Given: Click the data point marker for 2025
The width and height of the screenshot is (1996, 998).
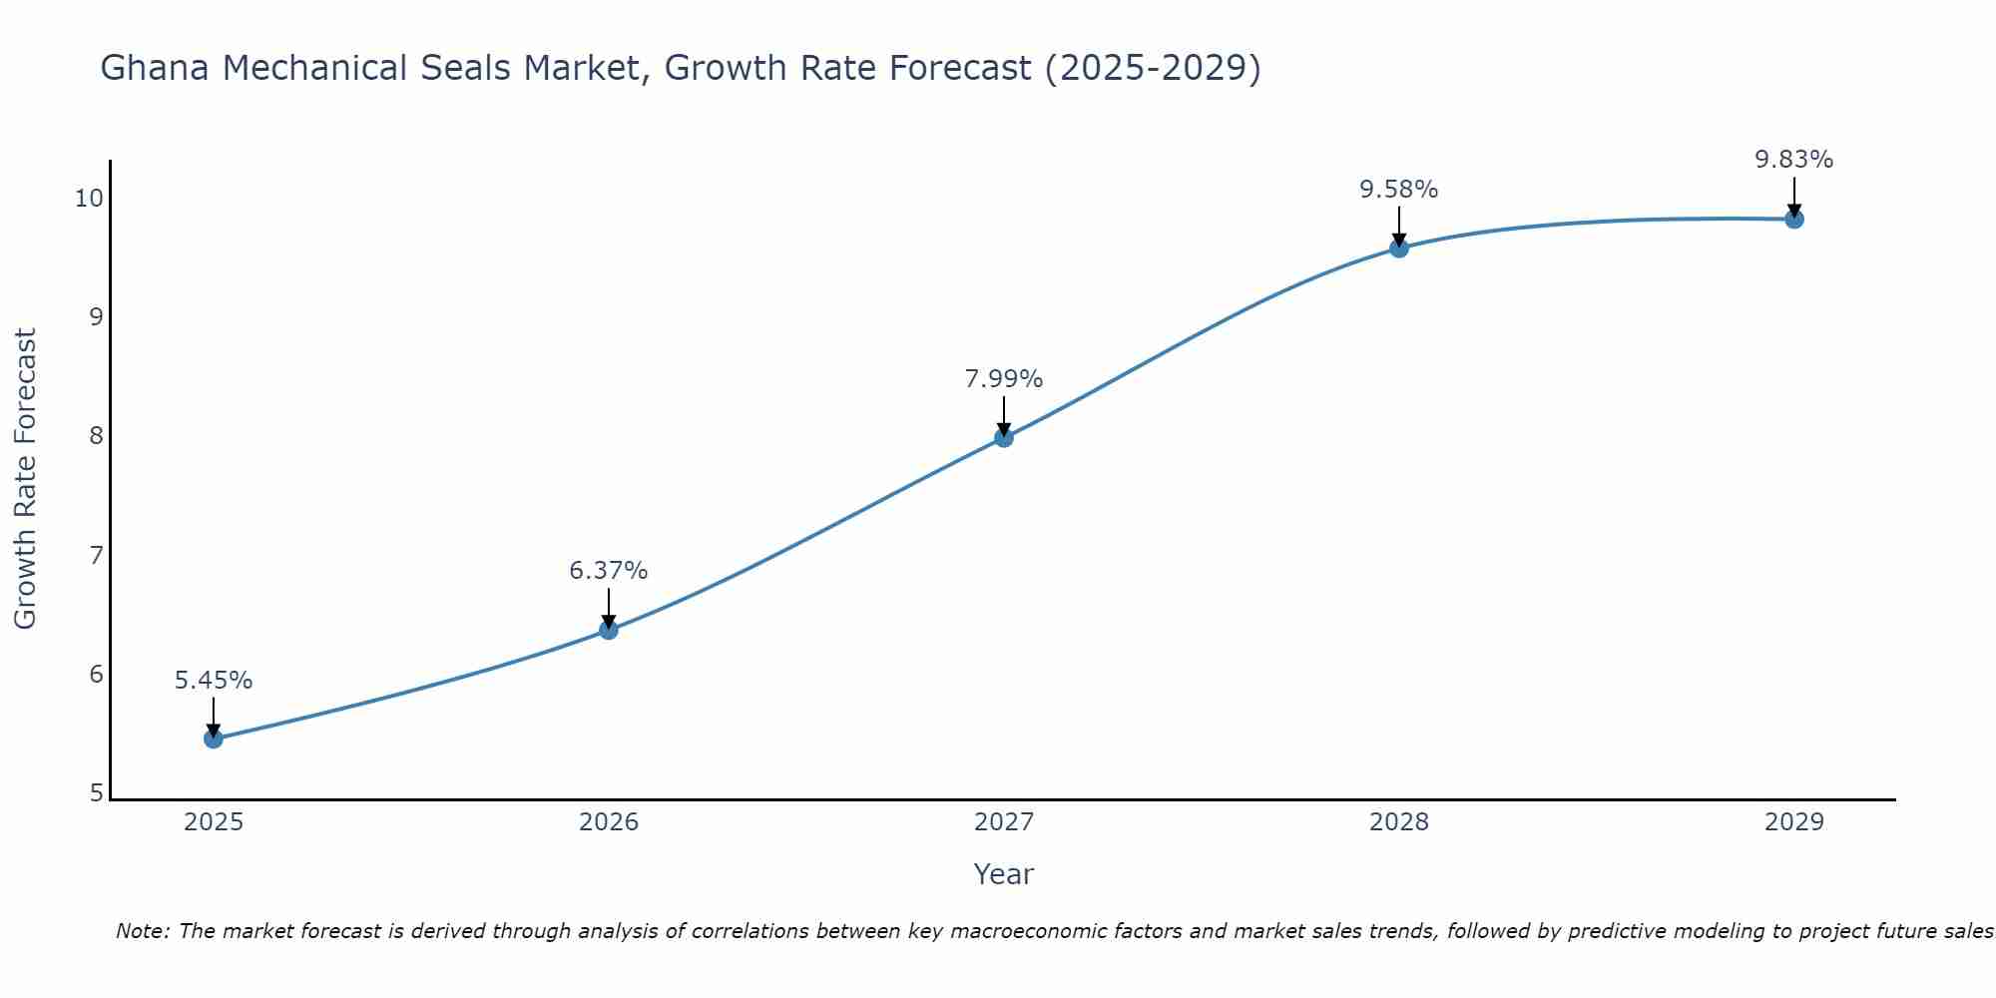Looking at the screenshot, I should [x=214, y=739].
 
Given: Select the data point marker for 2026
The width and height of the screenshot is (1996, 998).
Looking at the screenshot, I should [x=609, y=630].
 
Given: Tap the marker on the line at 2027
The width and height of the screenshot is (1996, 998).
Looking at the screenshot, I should [x=1004, y=437].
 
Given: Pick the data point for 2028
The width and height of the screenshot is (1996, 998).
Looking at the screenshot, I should [x=1399, y=248].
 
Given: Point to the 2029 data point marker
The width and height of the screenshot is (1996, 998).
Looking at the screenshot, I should [x=1794, y=219].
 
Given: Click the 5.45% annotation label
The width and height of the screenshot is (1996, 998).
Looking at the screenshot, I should [x=214, y=681].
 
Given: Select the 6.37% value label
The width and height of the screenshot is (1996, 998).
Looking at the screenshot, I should [x=609, y=571].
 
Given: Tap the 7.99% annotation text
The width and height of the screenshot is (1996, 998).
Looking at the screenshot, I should [x=1004, y=379].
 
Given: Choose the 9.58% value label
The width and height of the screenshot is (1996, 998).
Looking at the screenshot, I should [x=1399, y=190].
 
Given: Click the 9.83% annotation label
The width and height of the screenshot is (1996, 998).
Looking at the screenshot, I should [x=1794, y=160].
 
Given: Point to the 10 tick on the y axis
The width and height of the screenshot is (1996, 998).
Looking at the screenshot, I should [x=89, y=198].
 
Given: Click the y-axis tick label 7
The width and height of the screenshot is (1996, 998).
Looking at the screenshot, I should [x=96, y=555].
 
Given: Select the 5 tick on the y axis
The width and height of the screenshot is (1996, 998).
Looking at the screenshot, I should [x=96, y=793].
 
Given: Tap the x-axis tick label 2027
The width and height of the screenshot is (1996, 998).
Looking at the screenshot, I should [x=1004, y=822].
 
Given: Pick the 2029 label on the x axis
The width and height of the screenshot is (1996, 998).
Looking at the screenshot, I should [x=1794, y=822].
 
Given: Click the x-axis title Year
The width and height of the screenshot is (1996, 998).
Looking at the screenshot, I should [x=1004, y=874].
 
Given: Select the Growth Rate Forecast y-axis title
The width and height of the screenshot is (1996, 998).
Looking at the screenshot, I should [x=26, y=479].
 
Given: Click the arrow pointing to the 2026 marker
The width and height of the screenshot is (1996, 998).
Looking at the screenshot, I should [x=609, y=607].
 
